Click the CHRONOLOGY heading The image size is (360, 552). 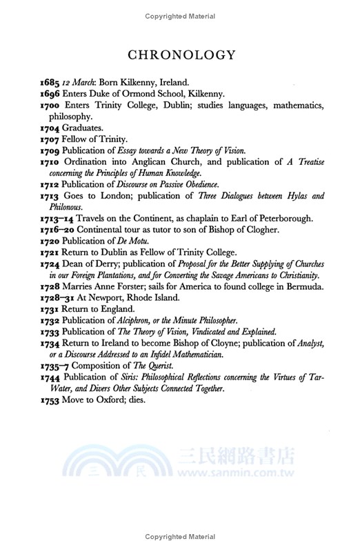(x=181, y=55)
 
